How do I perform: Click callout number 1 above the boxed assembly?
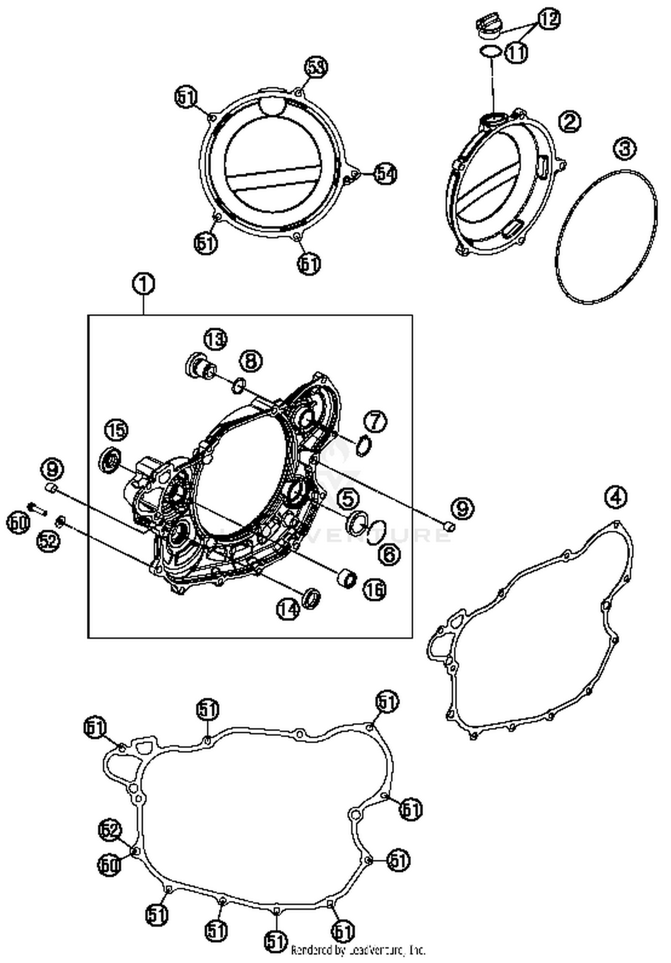point(143,284)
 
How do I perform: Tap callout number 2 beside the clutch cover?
point(570,121)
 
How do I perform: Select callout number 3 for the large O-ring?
point(624,148)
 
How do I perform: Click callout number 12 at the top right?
point(548,19)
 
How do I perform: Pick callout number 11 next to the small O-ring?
point(517,53)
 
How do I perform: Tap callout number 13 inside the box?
point(216,339)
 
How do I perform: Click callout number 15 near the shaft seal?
point(116,430)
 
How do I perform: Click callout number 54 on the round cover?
point(386,173)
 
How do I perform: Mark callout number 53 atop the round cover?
point(316,67)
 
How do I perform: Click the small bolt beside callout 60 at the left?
point(38,508)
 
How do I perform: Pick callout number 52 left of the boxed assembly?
point(48,541)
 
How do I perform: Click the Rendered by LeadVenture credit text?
point(358,950)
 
